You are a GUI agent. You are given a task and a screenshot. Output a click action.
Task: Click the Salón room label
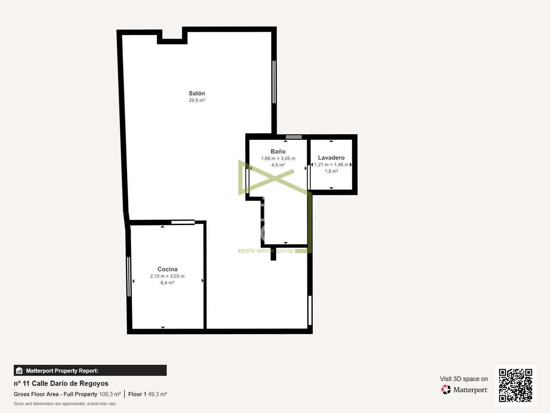tap(197, 93)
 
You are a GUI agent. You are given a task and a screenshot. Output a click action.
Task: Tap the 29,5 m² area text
tap(197, 100)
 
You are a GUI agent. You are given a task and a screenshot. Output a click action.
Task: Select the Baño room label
tap(278, 151)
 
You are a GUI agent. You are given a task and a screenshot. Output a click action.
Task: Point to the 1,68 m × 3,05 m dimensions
tap(278, 158)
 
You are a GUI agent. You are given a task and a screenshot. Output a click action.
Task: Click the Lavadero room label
tap(331, 158)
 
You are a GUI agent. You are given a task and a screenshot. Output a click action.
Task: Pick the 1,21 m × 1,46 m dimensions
tap(331, 165)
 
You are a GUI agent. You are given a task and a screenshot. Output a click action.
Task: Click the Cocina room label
tap(167, 269)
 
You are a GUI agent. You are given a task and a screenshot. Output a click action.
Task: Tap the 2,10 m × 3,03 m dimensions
tap(167, 276)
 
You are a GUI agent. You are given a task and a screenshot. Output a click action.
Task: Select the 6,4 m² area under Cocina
tap(167, 283)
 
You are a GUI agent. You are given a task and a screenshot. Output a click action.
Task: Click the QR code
tap(516, 385)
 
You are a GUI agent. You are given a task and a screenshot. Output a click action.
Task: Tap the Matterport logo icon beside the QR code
tap(446, 390)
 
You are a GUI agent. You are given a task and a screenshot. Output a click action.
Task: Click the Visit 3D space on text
tap(464, 379)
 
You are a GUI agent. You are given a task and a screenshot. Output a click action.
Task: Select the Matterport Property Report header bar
tap(90, 370)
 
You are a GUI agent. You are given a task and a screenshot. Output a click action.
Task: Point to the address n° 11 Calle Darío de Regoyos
tap(61, 383)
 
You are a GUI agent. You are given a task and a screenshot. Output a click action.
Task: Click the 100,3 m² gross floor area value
tap(110, 394)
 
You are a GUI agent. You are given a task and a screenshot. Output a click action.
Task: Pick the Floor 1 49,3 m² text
tap(147, 394)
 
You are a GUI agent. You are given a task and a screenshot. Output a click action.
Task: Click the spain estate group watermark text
tap(266, 250)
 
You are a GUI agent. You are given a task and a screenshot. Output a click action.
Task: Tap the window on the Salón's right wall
tap(274, 82)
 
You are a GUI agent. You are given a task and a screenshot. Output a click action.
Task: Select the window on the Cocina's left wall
tap(129, 277)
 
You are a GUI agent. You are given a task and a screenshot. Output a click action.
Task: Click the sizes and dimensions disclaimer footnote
tap(64, 404)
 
